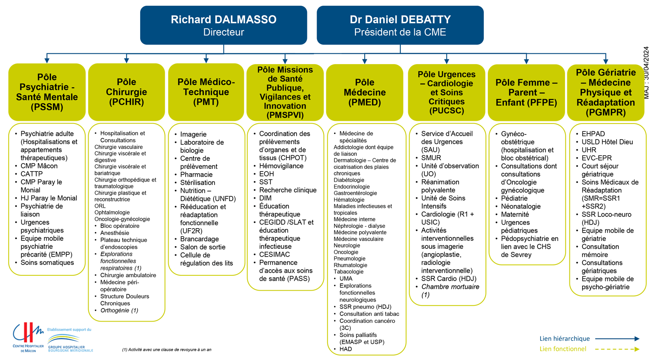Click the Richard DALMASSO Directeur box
[224, 25]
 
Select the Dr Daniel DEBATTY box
[400, 25]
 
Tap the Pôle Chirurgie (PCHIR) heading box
[126, 92]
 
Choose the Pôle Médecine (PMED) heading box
[365, 93]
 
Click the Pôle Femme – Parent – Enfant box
[526, 93]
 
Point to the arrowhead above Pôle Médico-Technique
[206, 60]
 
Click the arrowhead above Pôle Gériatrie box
[606, 61]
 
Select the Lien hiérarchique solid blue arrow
[617, 339]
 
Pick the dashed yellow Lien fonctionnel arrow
[617, 349]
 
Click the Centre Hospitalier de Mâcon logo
[28, 337]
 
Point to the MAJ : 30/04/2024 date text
[646, 73]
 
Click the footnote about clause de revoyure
[167, 350]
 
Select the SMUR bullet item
[431, 158]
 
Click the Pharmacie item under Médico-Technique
[196, 175]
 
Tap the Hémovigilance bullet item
[281, 166]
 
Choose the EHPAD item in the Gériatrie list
[593, 134]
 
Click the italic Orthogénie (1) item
[119, 310]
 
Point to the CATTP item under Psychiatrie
[31, 174]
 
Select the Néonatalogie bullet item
[521, 206]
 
